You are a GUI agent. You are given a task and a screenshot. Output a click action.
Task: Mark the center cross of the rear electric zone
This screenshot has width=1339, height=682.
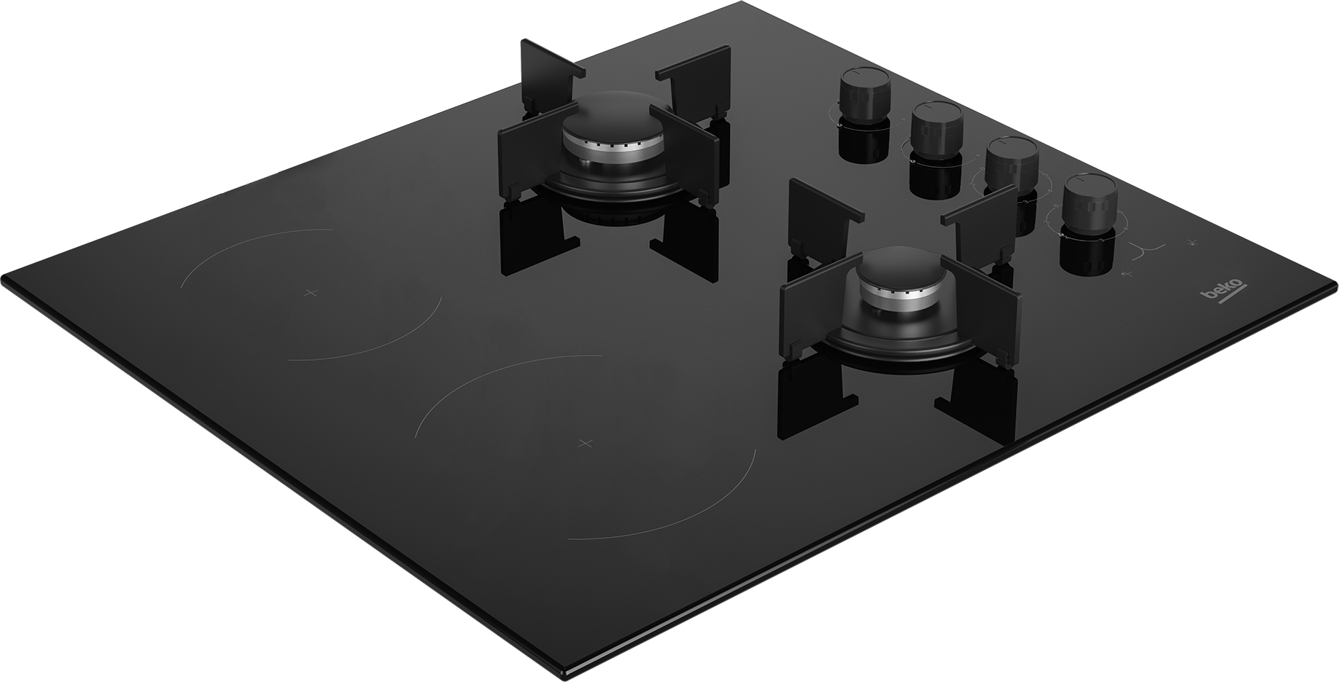tap(311, 292)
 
